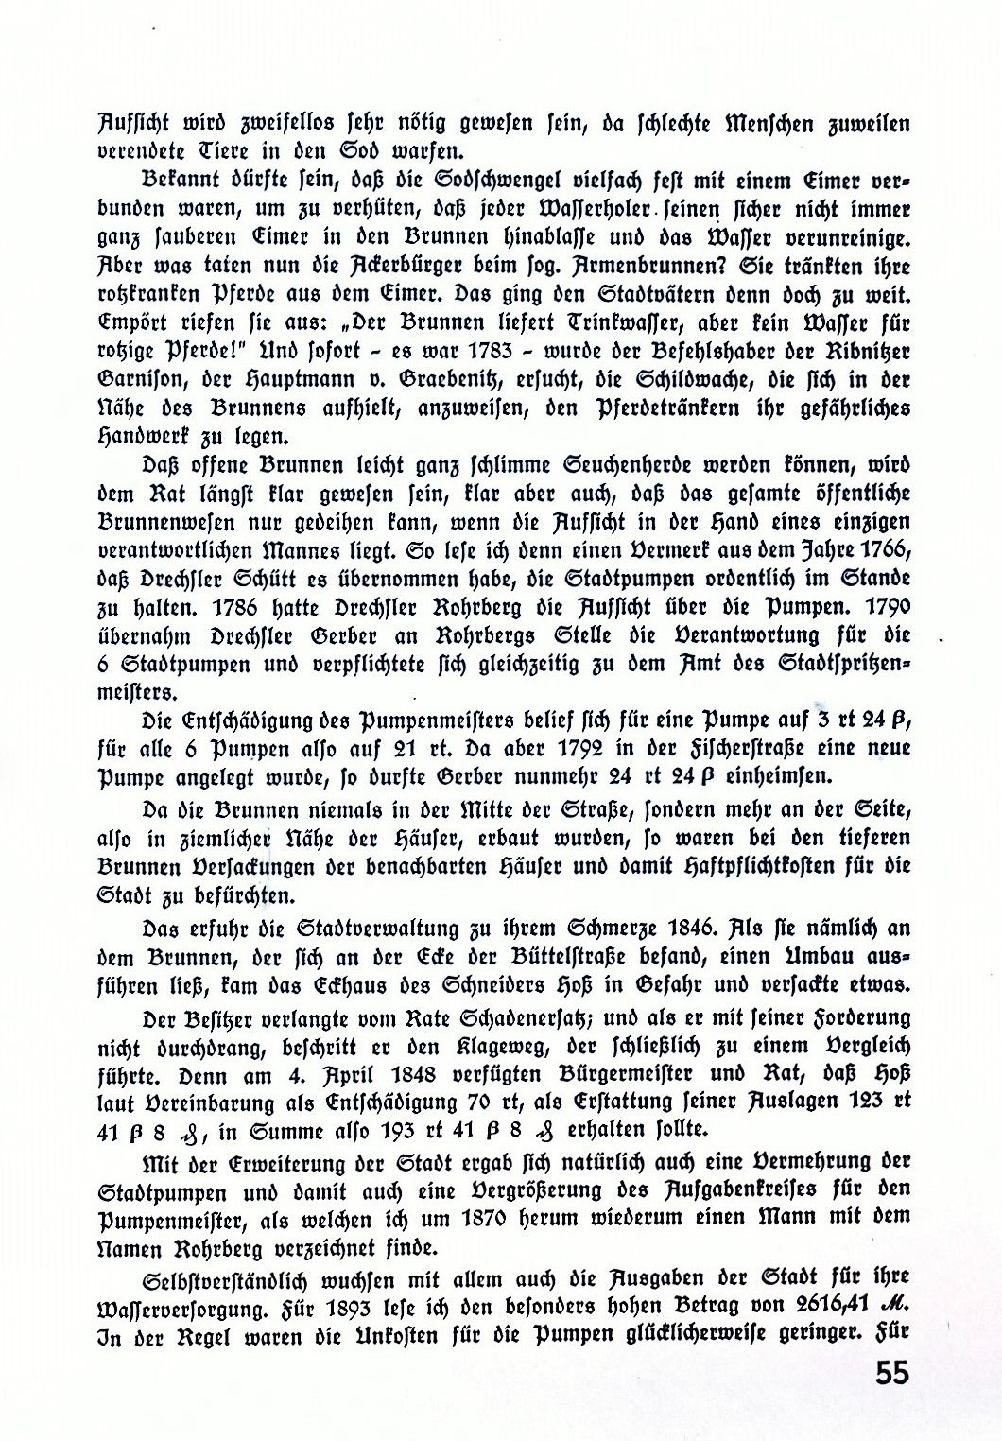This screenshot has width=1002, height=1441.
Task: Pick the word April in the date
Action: (355, 1076)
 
